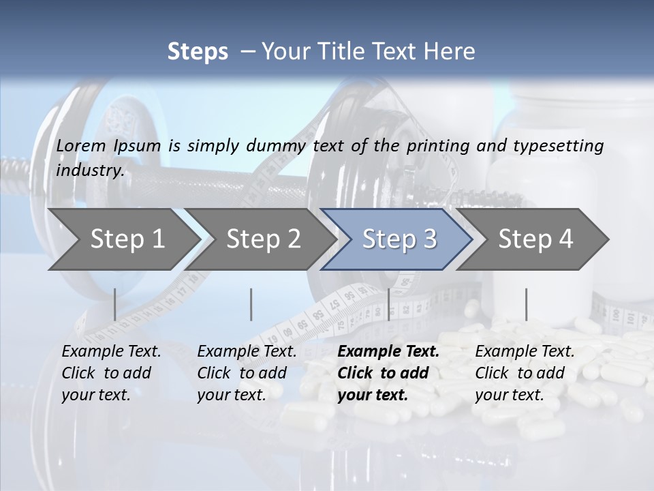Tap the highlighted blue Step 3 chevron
(x=399, y=239)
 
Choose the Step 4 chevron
(x=535, y=239)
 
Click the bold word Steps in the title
(x=198, y=51)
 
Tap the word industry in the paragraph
(x=90, y=170)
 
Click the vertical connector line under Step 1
(x=114, y=304)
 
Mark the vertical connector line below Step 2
(x=251, y=304)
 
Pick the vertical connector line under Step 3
(x=388, y=304)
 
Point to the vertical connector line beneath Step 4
(x=526, y=304)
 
